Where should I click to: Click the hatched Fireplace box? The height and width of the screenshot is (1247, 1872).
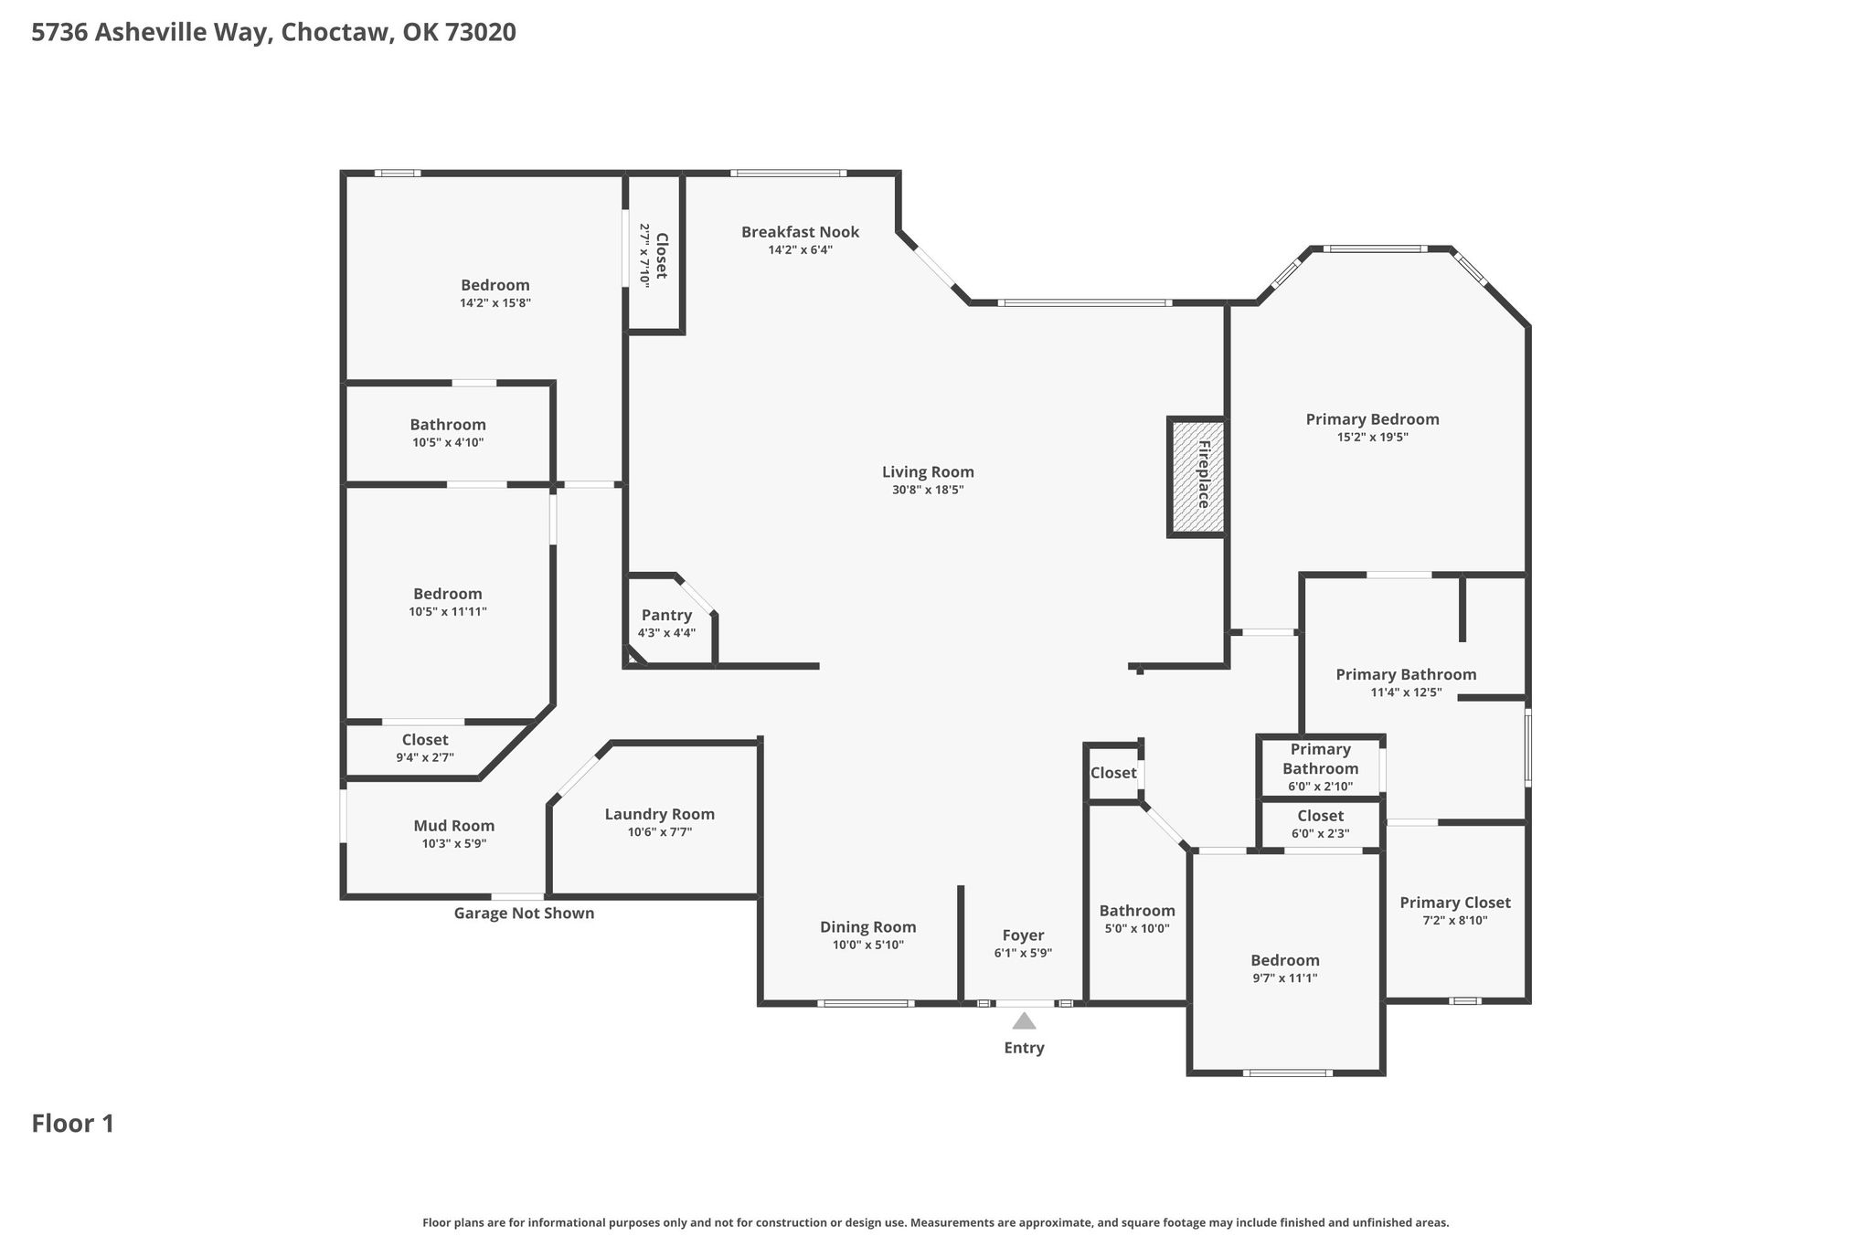tap(1197, 476)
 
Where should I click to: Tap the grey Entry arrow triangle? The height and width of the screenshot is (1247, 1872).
tap(1024, 1020)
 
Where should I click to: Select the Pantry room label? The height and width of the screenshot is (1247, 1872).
tap(666, 615)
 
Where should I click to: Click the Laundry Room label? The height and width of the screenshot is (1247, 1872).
tap(660, 814)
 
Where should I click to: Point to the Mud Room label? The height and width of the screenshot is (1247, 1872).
tap(454, 826)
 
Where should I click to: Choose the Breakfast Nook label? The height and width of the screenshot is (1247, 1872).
tap(801, 232)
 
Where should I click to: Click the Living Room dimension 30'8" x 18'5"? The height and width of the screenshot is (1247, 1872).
tap(928, 490)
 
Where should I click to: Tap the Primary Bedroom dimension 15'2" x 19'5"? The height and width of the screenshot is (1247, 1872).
tap(1372, 437)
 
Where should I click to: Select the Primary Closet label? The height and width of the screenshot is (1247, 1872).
tap(1455, 903)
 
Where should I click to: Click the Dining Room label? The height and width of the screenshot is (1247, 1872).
tap(867, 927)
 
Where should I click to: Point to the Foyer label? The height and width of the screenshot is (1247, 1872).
tap(1023, 935)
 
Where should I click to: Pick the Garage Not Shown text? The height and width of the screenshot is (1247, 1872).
tap(524, 914)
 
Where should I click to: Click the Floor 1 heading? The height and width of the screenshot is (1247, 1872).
tap(73, 1124)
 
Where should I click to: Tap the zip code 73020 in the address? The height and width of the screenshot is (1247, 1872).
tap(481, 33)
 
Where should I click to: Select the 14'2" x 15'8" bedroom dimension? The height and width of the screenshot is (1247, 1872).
tap(495, 302)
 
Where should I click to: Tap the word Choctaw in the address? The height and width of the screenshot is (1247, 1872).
tap(337, 33)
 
